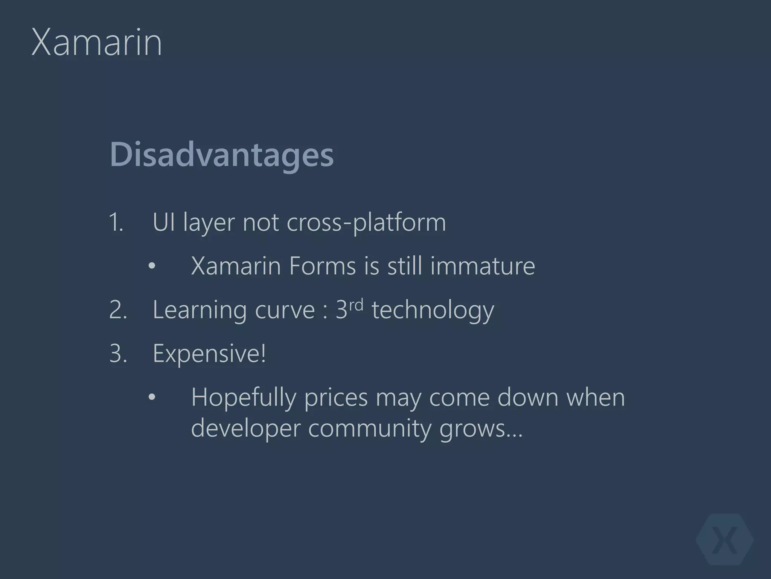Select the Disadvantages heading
222,155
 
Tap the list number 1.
116,222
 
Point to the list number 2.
118,310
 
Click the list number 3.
118,354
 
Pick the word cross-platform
366,222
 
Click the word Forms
322,266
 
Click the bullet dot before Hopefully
152,398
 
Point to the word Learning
200,311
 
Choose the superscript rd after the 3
356,305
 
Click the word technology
433,311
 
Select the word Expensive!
209,354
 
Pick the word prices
336,398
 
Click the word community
369,429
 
